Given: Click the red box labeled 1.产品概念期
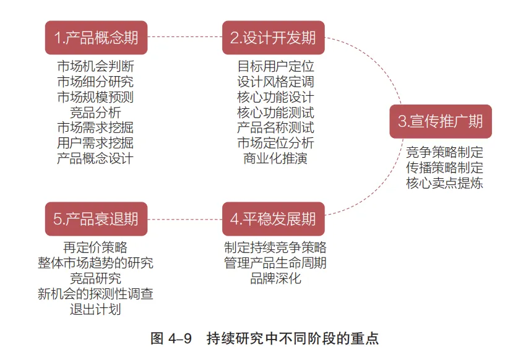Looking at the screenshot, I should pyautogui.click(x=96, y=37).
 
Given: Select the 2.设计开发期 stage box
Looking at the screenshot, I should pyautogui.click(x=273, y=37).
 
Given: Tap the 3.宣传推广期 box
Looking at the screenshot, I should pyautogui.click(x=440, y=121).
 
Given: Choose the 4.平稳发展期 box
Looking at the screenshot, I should pyautogui.click(x=273, y=219).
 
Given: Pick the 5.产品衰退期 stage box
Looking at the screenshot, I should pyautogui.click(x=96, y=219).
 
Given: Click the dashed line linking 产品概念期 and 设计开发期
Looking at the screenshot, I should pyautogui.click(x=184, y=37).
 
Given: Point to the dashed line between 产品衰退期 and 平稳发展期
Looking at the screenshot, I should pyautogui.click(x=184, y=219).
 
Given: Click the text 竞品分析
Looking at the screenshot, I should pyautogui.click(x=95, y=112).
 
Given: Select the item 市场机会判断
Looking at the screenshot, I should pyautogui.click(x=95, y=66).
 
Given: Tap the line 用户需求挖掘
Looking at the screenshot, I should pyautogui.click(x=95, y=143).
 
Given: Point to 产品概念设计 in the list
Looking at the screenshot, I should pyautogui.click(x=95, y=158).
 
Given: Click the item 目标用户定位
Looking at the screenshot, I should pyautogui.click(x=275, y=66).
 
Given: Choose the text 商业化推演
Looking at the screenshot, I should pyautogui.click(x=275, y=158).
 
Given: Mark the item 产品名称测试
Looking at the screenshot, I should pyautogui.click(x=275, y=127).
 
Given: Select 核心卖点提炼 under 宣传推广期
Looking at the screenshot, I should pyautogui.click(x=444, y=182).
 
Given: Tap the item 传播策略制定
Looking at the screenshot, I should pyautogui.click(x=444, y=167).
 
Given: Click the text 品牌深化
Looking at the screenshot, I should pyautogui.click(x=275, y=278).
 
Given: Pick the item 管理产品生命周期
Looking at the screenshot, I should pyautogui.click(x=275, y=263).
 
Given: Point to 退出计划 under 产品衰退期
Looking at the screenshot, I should pyautogui.click(x=95, y=309).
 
